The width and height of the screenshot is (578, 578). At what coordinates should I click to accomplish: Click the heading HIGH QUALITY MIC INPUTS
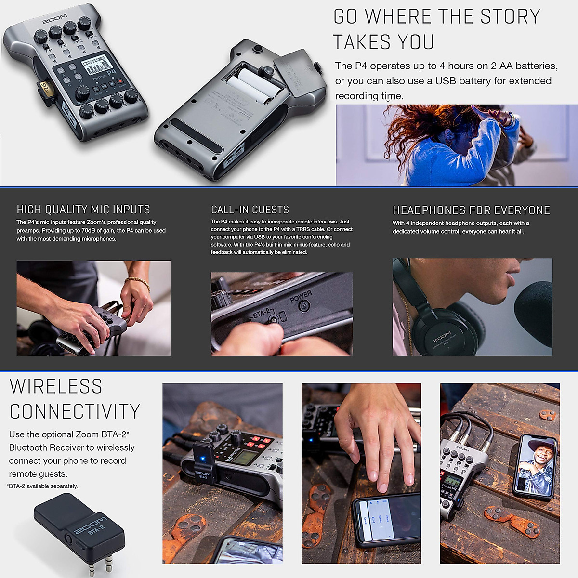pyautogui.click(x=83, y=210)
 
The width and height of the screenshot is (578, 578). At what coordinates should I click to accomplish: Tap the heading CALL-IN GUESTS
pyautogui.click(x=250, y=210)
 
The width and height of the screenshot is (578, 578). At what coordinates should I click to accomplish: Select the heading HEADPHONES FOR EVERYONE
pyautogui.click(x=471, y=210)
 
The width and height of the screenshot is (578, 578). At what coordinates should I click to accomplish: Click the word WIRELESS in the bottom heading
pyautogui.click(x=56, y=387)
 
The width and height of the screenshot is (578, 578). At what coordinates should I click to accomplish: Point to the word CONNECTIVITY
pyautogui.click(x=75, y=412)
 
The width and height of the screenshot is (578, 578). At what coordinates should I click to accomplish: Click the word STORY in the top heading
pyautogui.click(x=510, y=17)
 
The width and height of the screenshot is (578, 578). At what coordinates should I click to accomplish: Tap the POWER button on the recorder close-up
pyautogui.click(x=304, y=305)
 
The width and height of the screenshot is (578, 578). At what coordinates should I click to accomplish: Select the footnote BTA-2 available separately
pyautogui.click(x=43, y=486)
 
